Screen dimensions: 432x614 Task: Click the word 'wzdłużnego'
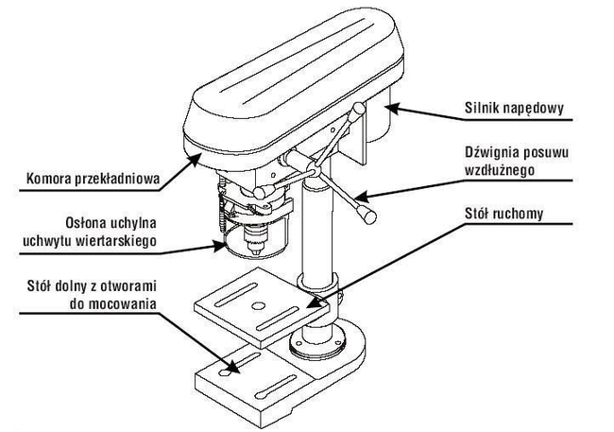click(x=502, y=170)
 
